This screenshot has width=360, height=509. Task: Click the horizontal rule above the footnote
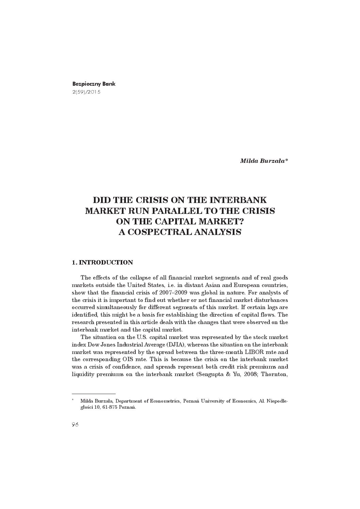(94, 394)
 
